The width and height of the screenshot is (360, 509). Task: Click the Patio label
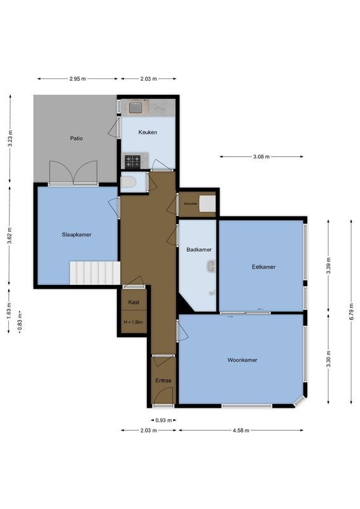point(76,138)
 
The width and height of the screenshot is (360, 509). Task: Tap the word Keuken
point(148,132)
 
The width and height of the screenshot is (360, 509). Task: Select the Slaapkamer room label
point(76,234)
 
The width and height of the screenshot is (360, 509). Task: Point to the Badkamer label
point(198,249)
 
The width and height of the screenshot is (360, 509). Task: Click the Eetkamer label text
point(263,267)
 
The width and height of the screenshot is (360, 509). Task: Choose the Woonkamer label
point(242,359)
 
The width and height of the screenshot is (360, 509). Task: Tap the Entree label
point(163,380)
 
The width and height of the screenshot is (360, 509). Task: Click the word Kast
point(134,302)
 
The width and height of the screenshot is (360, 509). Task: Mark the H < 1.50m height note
point(134,322)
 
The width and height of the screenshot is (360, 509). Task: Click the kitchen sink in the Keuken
point(135,108)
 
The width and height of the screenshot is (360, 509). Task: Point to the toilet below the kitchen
point(129,183)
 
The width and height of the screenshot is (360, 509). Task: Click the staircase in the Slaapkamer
point(95,272)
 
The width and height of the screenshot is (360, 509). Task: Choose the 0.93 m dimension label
point(163,420)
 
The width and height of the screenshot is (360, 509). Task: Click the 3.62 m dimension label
point(10,235)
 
